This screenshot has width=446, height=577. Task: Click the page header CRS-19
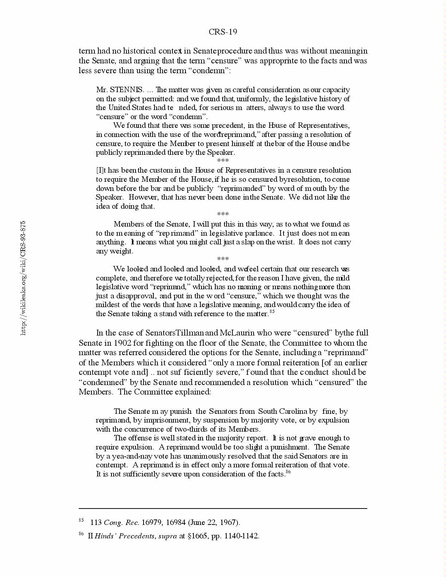click(223, 32)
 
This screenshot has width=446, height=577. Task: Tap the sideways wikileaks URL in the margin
click(23, 278)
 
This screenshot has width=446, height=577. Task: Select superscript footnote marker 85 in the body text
click(271, 311)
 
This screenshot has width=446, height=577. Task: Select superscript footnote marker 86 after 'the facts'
click(288, 472)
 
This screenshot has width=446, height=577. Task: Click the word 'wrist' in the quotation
click(284, 242)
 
